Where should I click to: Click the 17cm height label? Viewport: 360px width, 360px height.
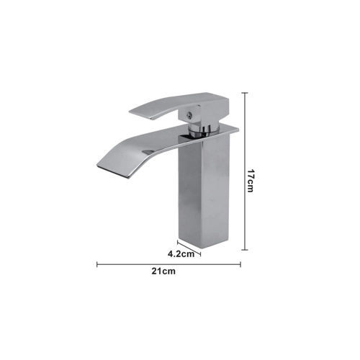coord(251,181)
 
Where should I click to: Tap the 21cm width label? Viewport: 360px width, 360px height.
coord(163,271)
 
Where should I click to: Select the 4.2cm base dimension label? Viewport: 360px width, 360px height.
coord(181,254)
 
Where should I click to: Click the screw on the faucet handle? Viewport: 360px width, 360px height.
coord(190,115)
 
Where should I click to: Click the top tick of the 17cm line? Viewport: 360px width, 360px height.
coord(245,93)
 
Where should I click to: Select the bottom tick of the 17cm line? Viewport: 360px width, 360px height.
coord(245,250)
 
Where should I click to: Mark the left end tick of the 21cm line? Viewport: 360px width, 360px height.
coord(97,264)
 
